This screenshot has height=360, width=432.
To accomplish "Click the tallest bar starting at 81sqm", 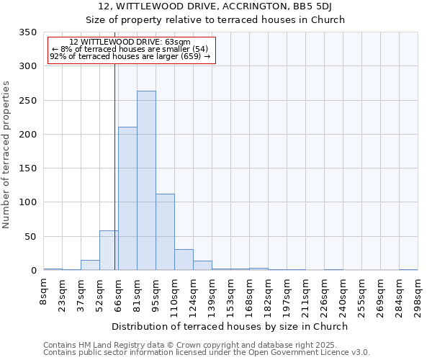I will [146, 181].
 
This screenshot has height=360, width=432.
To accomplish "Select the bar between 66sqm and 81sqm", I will [127, 199].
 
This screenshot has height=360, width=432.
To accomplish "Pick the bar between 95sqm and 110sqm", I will [165, 232].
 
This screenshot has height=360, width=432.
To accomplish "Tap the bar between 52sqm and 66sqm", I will [109, 251].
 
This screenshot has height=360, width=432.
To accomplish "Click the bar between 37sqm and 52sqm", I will [90, 265].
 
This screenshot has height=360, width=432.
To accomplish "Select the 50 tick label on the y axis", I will [30, 237].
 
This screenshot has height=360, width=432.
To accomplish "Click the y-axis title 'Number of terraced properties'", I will [6, 154].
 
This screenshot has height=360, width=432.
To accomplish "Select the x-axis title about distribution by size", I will [230, 326].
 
